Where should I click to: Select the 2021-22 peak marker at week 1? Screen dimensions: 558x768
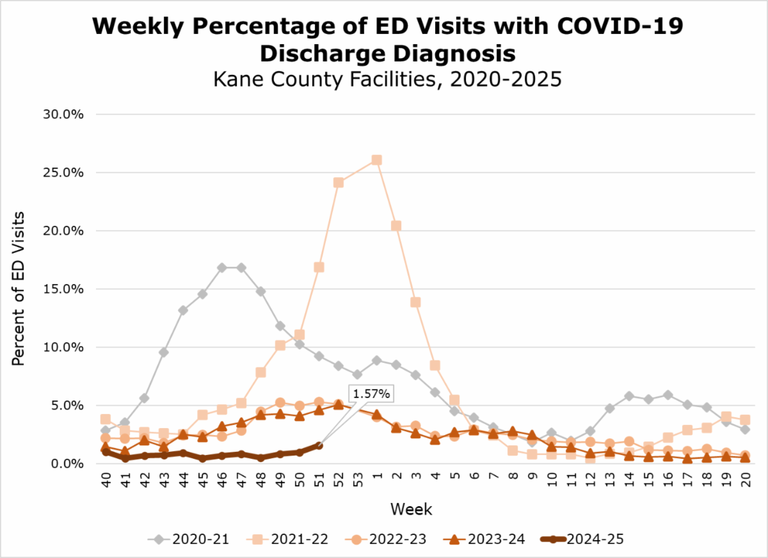coord(377,160)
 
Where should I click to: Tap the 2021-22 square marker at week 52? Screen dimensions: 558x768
coord(339,182)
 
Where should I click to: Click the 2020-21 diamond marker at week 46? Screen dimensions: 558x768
coord(222,267)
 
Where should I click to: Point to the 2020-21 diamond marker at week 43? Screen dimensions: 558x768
coord(164,352)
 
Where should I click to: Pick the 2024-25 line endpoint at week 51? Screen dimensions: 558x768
coord(319,445)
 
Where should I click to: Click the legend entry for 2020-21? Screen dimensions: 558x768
coord(186,539)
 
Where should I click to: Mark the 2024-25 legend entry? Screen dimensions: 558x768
coord(589,539)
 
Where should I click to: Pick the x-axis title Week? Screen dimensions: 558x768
coord(412,509)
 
